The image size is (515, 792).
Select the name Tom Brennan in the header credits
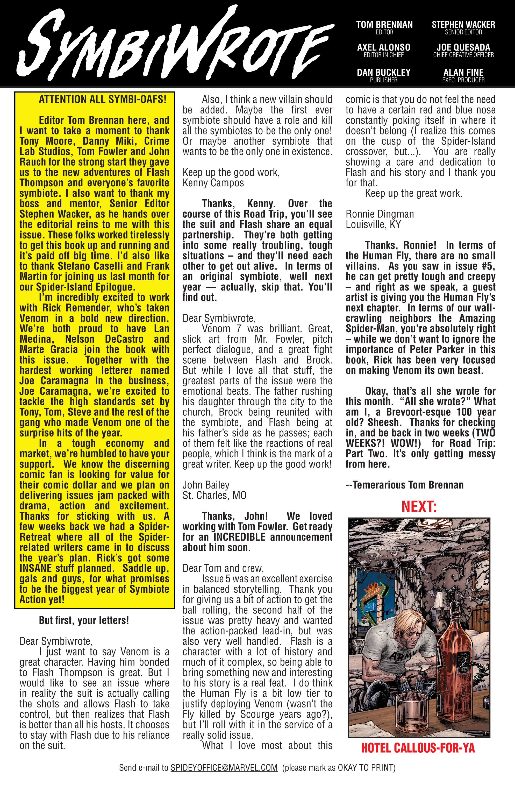coord(384,25)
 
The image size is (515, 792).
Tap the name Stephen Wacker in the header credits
coord(463,25)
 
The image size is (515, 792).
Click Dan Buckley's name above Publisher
coord(384,72)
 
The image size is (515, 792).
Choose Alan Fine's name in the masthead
coord(463,72)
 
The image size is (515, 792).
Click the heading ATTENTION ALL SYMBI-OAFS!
coord(103,99)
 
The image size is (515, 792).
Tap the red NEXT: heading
coord(419,506)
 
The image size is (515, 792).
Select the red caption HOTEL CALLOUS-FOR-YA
coord(418,748)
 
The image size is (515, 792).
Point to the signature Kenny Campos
coord(213,183)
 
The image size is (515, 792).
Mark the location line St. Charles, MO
coord(214,496)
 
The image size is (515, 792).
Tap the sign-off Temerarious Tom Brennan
coord(405,485)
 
